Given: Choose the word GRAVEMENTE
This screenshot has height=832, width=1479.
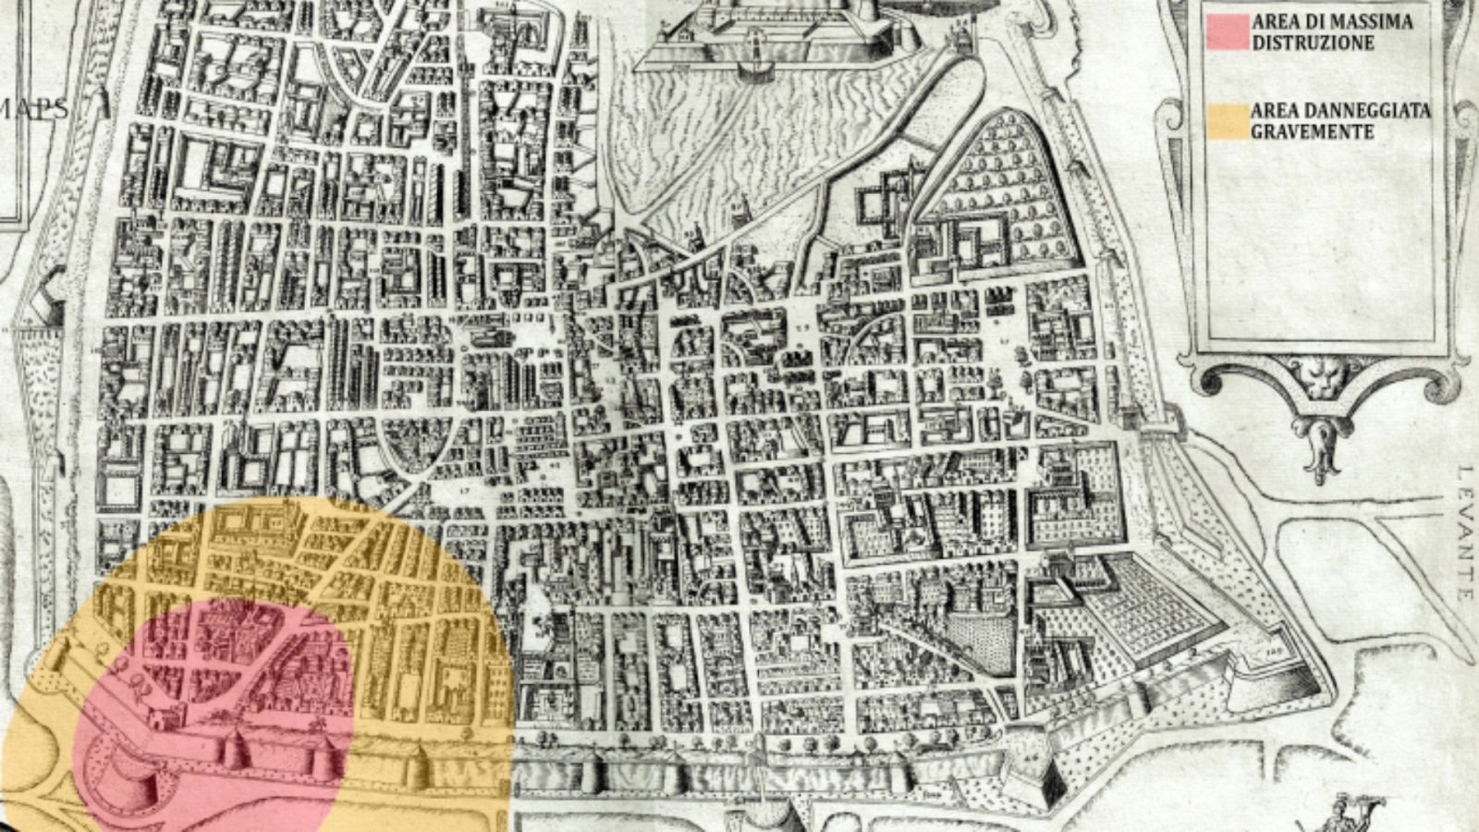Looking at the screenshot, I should click(1312, 132).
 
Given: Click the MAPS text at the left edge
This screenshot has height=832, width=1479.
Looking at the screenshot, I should click(35, 109).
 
